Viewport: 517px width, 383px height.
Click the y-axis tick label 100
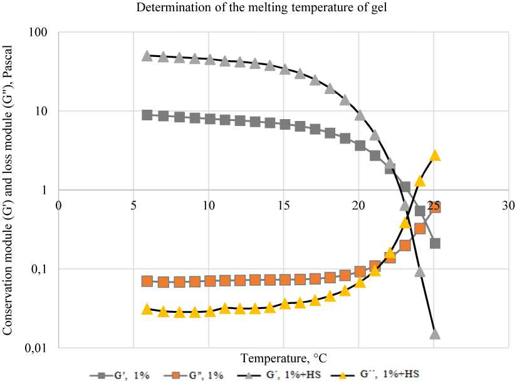coord(39,32)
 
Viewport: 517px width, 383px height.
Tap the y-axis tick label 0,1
coord(40,269)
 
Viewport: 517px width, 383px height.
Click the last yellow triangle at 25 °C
coord(435,155)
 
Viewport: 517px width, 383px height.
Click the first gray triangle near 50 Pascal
coord(147,55)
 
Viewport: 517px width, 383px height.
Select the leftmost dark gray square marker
coord(147,115)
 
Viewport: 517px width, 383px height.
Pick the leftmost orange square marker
coord(147,281)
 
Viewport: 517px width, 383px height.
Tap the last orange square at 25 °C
coord(435,207)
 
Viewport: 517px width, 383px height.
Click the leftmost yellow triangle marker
coord(147,309)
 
